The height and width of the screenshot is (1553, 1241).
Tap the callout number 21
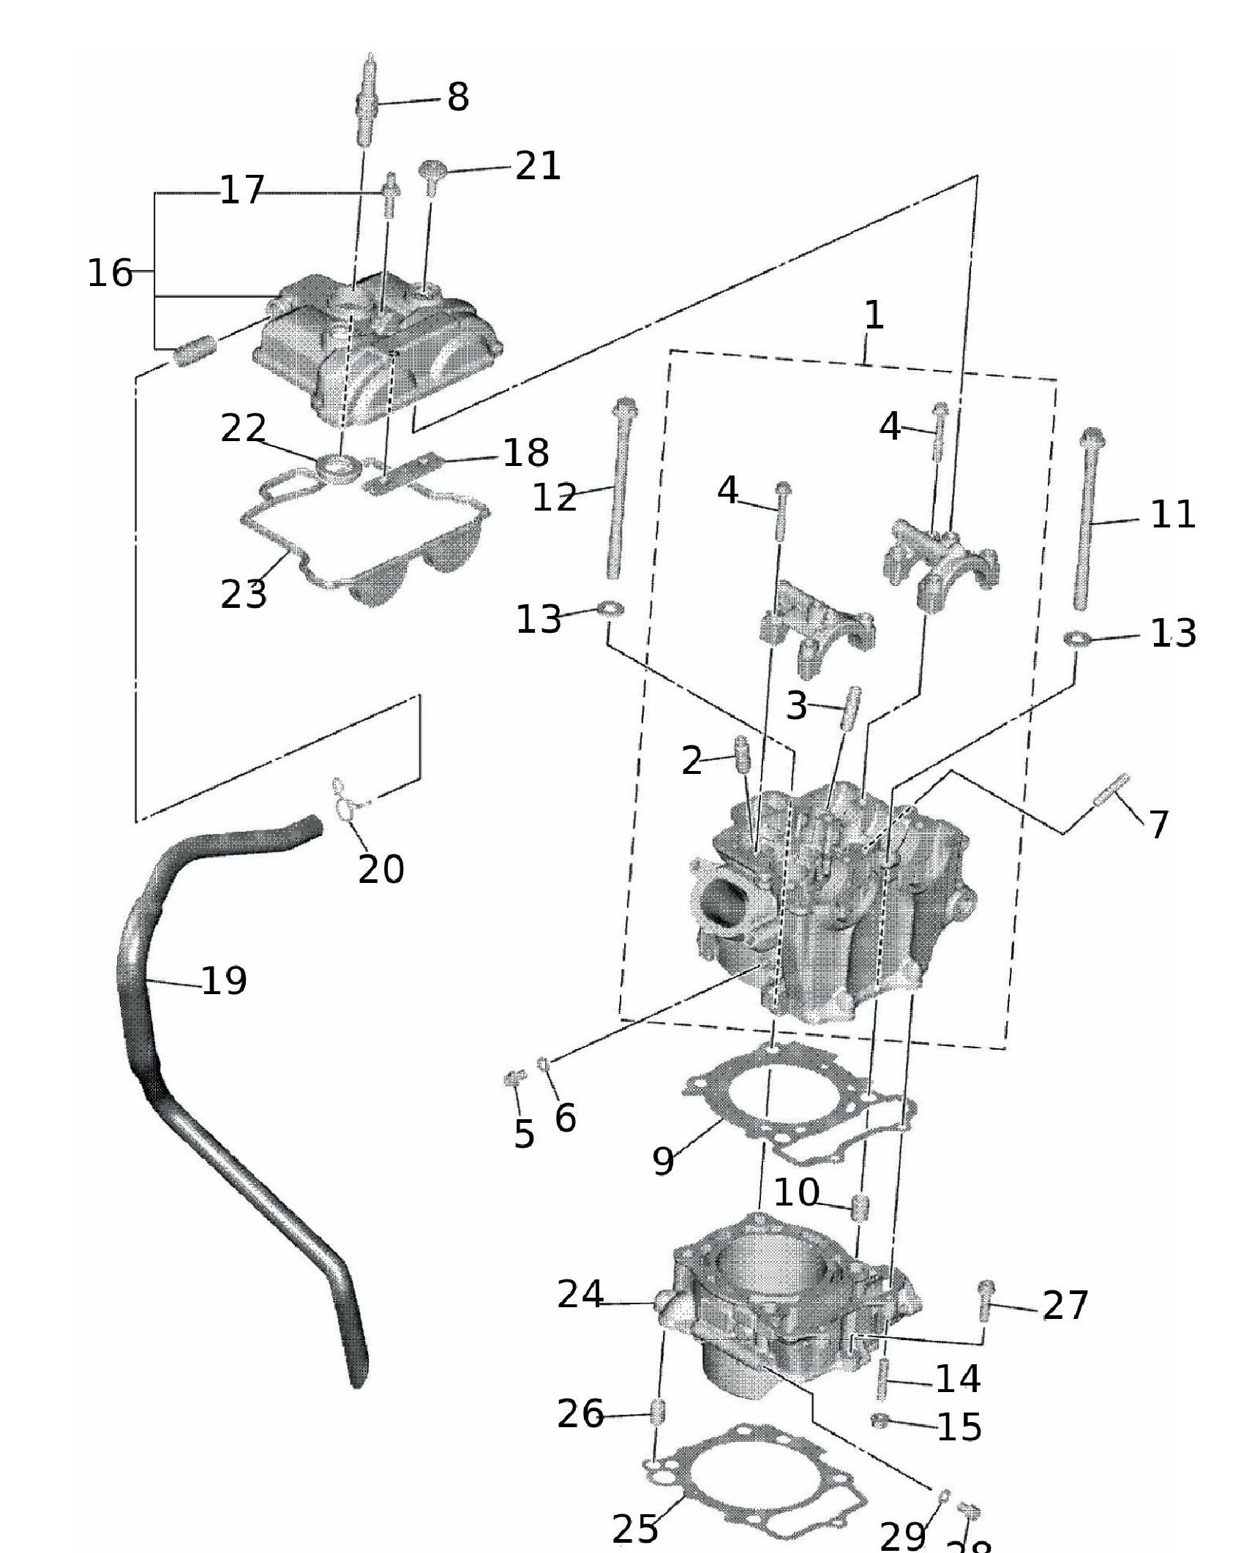tap(538, 166)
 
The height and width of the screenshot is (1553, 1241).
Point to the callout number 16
tap(110, 273)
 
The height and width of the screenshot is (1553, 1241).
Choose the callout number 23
tap(243, 594)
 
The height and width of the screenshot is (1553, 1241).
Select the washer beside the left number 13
tap(611, 608)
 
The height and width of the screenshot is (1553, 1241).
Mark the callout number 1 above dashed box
tap(874, 316)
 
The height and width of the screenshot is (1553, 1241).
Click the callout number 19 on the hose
tap(223, 981)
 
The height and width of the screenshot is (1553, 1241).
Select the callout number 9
tap(663, 1160)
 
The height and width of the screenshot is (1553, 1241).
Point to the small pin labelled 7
tap(1111, 790)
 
